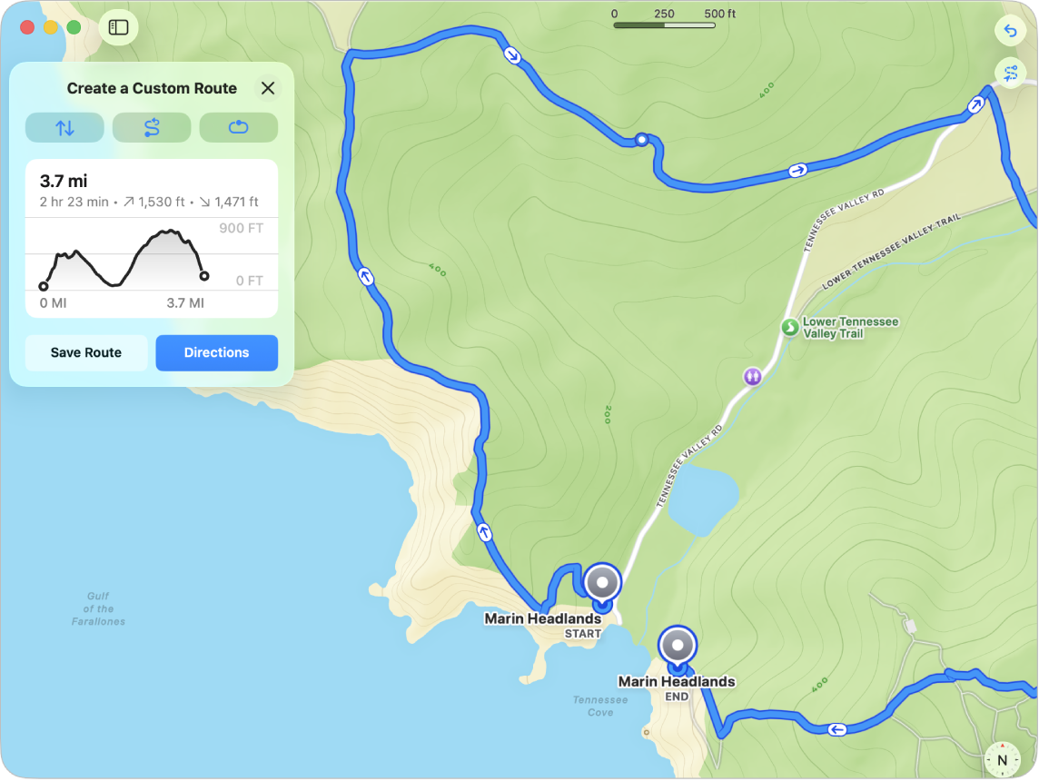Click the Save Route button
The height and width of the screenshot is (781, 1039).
[86, 352]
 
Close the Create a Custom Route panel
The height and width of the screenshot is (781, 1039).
[268, 88]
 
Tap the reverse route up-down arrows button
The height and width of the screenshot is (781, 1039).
[64, 128]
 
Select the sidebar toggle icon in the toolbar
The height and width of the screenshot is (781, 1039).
[118, 27]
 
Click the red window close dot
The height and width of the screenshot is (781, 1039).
[27, 27]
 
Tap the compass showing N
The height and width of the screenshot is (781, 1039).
[1002, 759]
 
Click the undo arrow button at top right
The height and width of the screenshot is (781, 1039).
[1010, 31]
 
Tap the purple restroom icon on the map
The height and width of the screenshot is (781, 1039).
[752, 375]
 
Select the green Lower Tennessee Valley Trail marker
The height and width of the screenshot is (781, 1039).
[789, 326]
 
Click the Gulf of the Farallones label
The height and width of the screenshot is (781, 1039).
[98, 608]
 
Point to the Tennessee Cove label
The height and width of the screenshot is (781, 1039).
[599, 706]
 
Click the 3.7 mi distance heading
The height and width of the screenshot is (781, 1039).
[64, 182]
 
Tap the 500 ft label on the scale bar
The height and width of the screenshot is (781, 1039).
[719, 14]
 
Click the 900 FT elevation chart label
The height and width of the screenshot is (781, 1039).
[241, 228]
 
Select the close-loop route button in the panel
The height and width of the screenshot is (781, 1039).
[238, 128]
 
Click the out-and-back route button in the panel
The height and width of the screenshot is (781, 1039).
[152, 128]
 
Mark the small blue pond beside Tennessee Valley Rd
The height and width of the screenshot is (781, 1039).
[702, 499]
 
